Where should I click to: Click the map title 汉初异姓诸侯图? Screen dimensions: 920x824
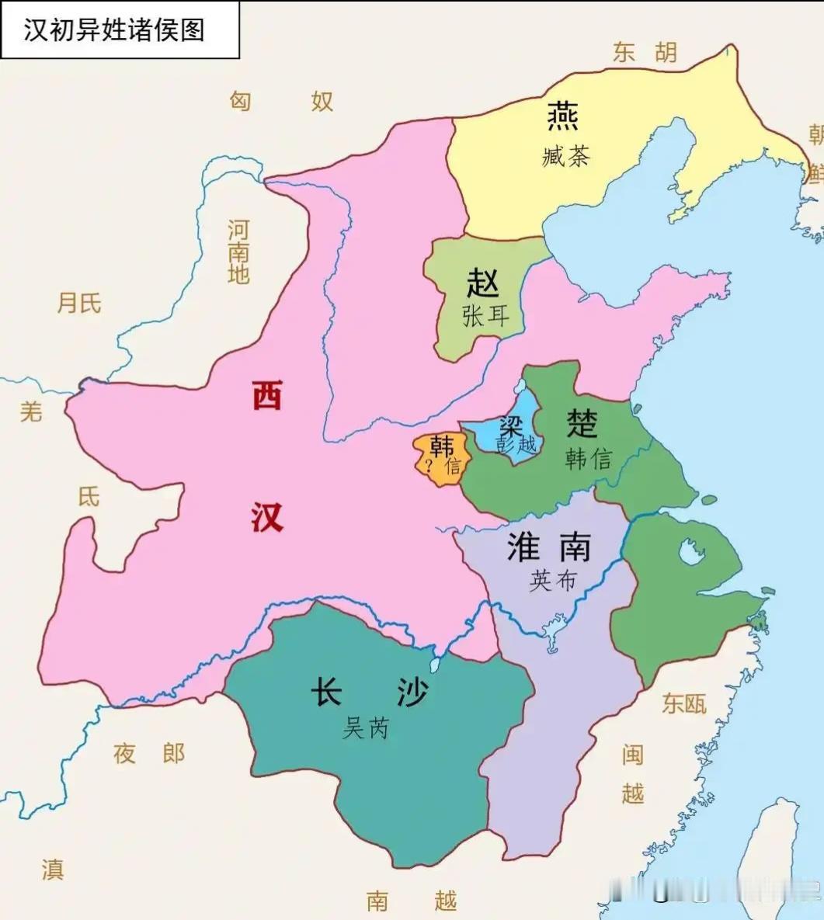click(x=114, y=30)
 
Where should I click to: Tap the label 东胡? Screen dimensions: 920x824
click(x=644, y=53)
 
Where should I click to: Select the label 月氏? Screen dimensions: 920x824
click(x=79, y=303)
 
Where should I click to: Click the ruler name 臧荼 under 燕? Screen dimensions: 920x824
click(x=565, y=156)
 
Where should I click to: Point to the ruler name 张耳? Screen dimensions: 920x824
click(x=485, y=316)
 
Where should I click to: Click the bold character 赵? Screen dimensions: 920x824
click(x=482, y=283)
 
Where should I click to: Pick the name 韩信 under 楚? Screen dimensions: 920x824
click(x=588, y=459)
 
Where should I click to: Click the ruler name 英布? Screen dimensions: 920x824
click(x=553, y=580)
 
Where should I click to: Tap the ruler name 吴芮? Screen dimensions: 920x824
click(x=365, y=727)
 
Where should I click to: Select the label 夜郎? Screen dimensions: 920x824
click(x=149, y=753)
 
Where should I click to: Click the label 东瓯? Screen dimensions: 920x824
click(x=684, y=703)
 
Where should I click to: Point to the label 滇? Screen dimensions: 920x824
click(x=53, y=869)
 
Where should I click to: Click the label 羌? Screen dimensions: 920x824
click(x=31, y=411)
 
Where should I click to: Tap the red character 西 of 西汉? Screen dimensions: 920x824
click(x=266, y=397)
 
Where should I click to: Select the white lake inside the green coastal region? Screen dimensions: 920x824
click(x=690, y=552)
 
